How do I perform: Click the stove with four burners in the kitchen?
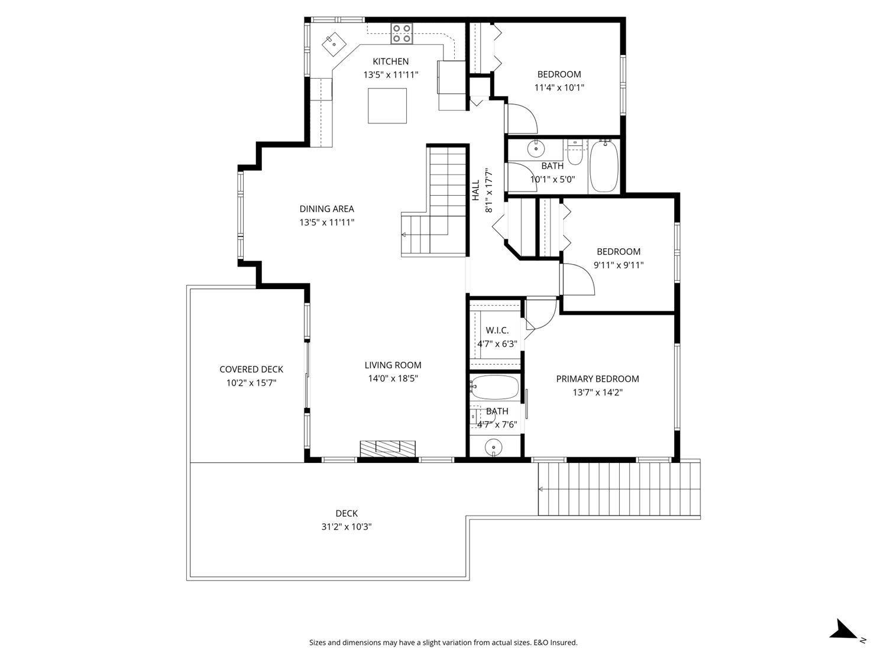coord(402,34)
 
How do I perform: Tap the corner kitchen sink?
coord(334,43)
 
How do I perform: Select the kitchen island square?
coord(387,106)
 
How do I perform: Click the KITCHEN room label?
coord(390,61)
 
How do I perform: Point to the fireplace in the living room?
coord(387,449)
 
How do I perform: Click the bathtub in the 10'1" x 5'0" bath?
coord(604,166)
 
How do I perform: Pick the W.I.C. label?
coord(497,330)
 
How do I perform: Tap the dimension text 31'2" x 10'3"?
coord(346,527)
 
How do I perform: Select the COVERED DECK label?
coord(251,369)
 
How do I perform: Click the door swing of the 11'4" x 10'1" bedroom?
coord(522,118)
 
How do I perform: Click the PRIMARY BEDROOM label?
coord(597,379)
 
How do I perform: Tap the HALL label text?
coord(475,190)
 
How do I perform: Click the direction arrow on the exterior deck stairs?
coord(541,489)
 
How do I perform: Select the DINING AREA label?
coord(326,209)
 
